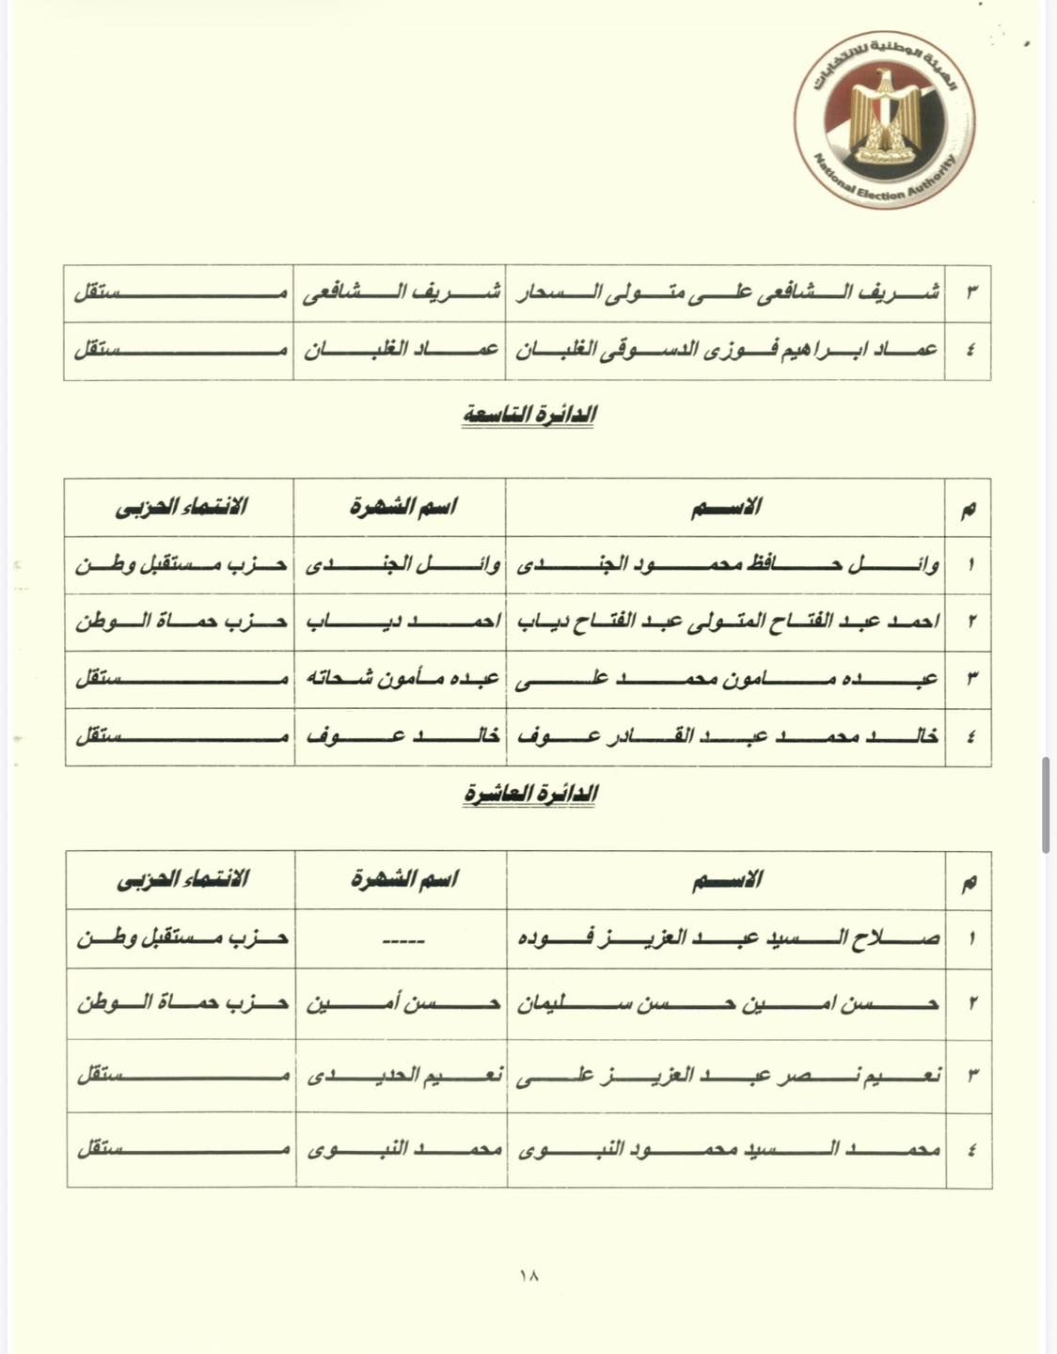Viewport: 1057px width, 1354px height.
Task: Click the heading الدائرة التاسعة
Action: click(x=528, y=415)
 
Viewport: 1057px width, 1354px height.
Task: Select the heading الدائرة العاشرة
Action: click(x=530, y=794)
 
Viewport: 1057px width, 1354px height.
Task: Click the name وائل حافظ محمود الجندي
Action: click(x=727, y=565)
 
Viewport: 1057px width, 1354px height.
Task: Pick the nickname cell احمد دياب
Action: click(x=402, y=622)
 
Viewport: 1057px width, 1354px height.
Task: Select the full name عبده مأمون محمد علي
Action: click(x=727, y=679)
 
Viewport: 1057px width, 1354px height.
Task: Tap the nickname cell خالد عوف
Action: click(x=402, y=735)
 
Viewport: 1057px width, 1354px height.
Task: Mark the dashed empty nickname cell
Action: click(x=402, y=938)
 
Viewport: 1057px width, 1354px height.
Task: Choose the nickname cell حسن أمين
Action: click(x=402, y=1004)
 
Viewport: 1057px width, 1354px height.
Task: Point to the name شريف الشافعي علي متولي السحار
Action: click(x=727, y=292)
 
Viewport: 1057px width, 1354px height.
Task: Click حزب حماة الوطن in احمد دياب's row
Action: click(x=181, y=622)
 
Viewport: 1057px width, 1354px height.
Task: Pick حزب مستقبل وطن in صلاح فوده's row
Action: click(x=181, y=937)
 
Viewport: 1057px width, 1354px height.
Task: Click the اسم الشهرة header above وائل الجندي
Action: click(x=402, y=507)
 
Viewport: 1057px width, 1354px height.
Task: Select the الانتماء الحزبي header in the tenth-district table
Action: click(x=181, y=879)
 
